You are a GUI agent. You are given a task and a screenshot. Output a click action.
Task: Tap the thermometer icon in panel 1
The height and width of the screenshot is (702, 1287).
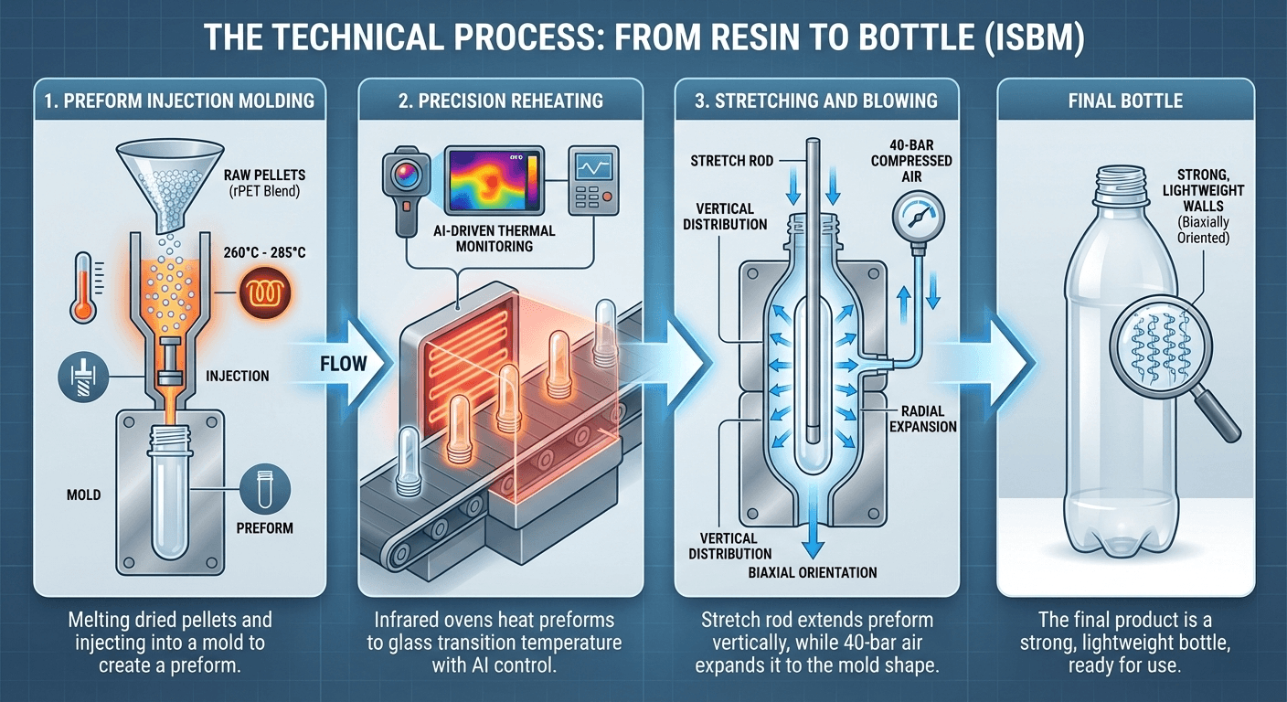coord(84,286)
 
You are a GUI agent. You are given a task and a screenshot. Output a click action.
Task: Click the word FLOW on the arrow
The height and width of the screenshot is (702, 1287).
coord(343,364)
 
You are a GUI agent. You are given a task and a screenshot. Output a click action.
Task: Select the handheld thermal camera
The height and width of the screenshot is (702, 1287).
coord(403,186)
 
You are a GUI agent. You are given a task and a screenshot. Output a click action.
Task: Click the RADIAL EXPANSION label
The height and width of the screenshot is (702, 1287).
coord(921,419)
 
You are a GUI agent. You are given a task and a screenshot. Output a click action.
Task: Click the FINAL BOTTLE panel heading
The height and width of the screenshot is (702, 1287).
coord(1124,100)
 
